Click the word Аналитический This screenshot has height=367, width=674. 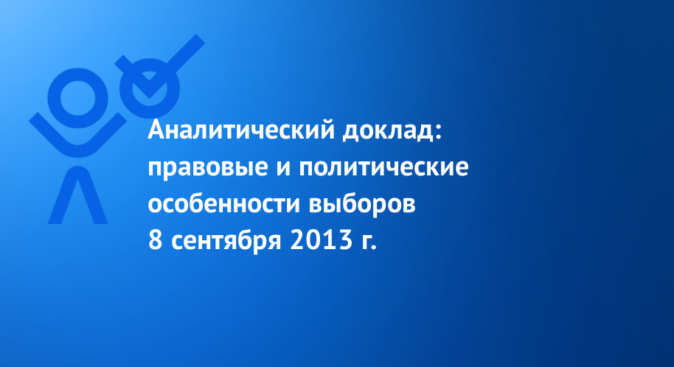click(241, 130)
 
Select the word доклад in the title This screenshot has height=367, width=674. click(388, 131)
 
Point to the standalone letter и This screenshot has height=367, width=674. click(284, 168)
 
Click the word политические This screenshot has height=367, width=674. click(383, 168)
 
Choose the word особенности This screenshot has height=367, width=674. click(224, 203)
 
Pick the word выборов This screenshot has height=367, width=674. click(362, 203)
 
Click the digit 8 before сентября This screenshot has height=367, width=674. click(155, 240)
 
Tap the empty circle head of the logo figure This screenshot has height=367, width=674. click(77, 98)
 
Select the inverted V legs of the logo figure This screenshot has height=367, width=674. click(78, 195)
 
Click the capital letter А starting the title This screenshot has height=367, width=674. click(156, 131)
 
